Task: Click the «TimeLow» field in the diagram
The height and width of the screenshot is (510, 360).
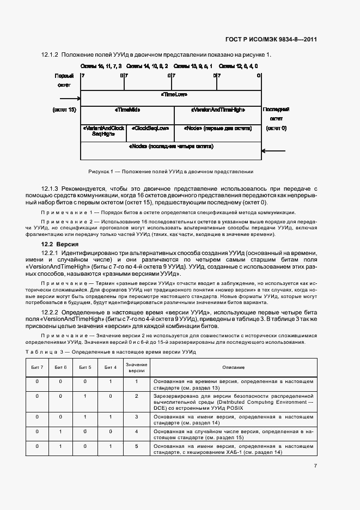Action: pos(174,94)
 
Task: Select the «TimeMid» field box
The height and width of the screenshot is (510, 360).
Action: pos(127,110)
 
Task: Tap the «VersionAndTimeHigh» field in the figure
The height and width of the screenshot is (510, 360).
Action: pos(218,110)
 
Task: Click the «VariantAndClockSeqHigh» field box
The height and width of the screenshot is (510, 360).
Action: pos(103,131)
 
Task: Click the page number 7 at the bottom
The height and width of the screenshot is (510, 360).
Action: pos(315,466)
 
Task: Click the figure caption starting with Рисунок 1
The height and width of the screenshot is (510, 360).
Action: pos(171,172)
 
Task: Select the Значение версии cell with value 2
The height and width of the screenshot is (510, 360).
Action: pos(137,396)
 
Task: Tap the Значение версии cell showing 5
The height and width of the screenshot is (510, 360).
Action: pos(137,446)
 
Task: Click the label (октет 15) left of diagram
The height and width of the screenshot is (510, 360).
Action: pos(64,110)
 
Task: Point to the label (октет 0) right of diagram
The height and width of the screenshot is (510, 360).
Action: pos(276,129)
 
